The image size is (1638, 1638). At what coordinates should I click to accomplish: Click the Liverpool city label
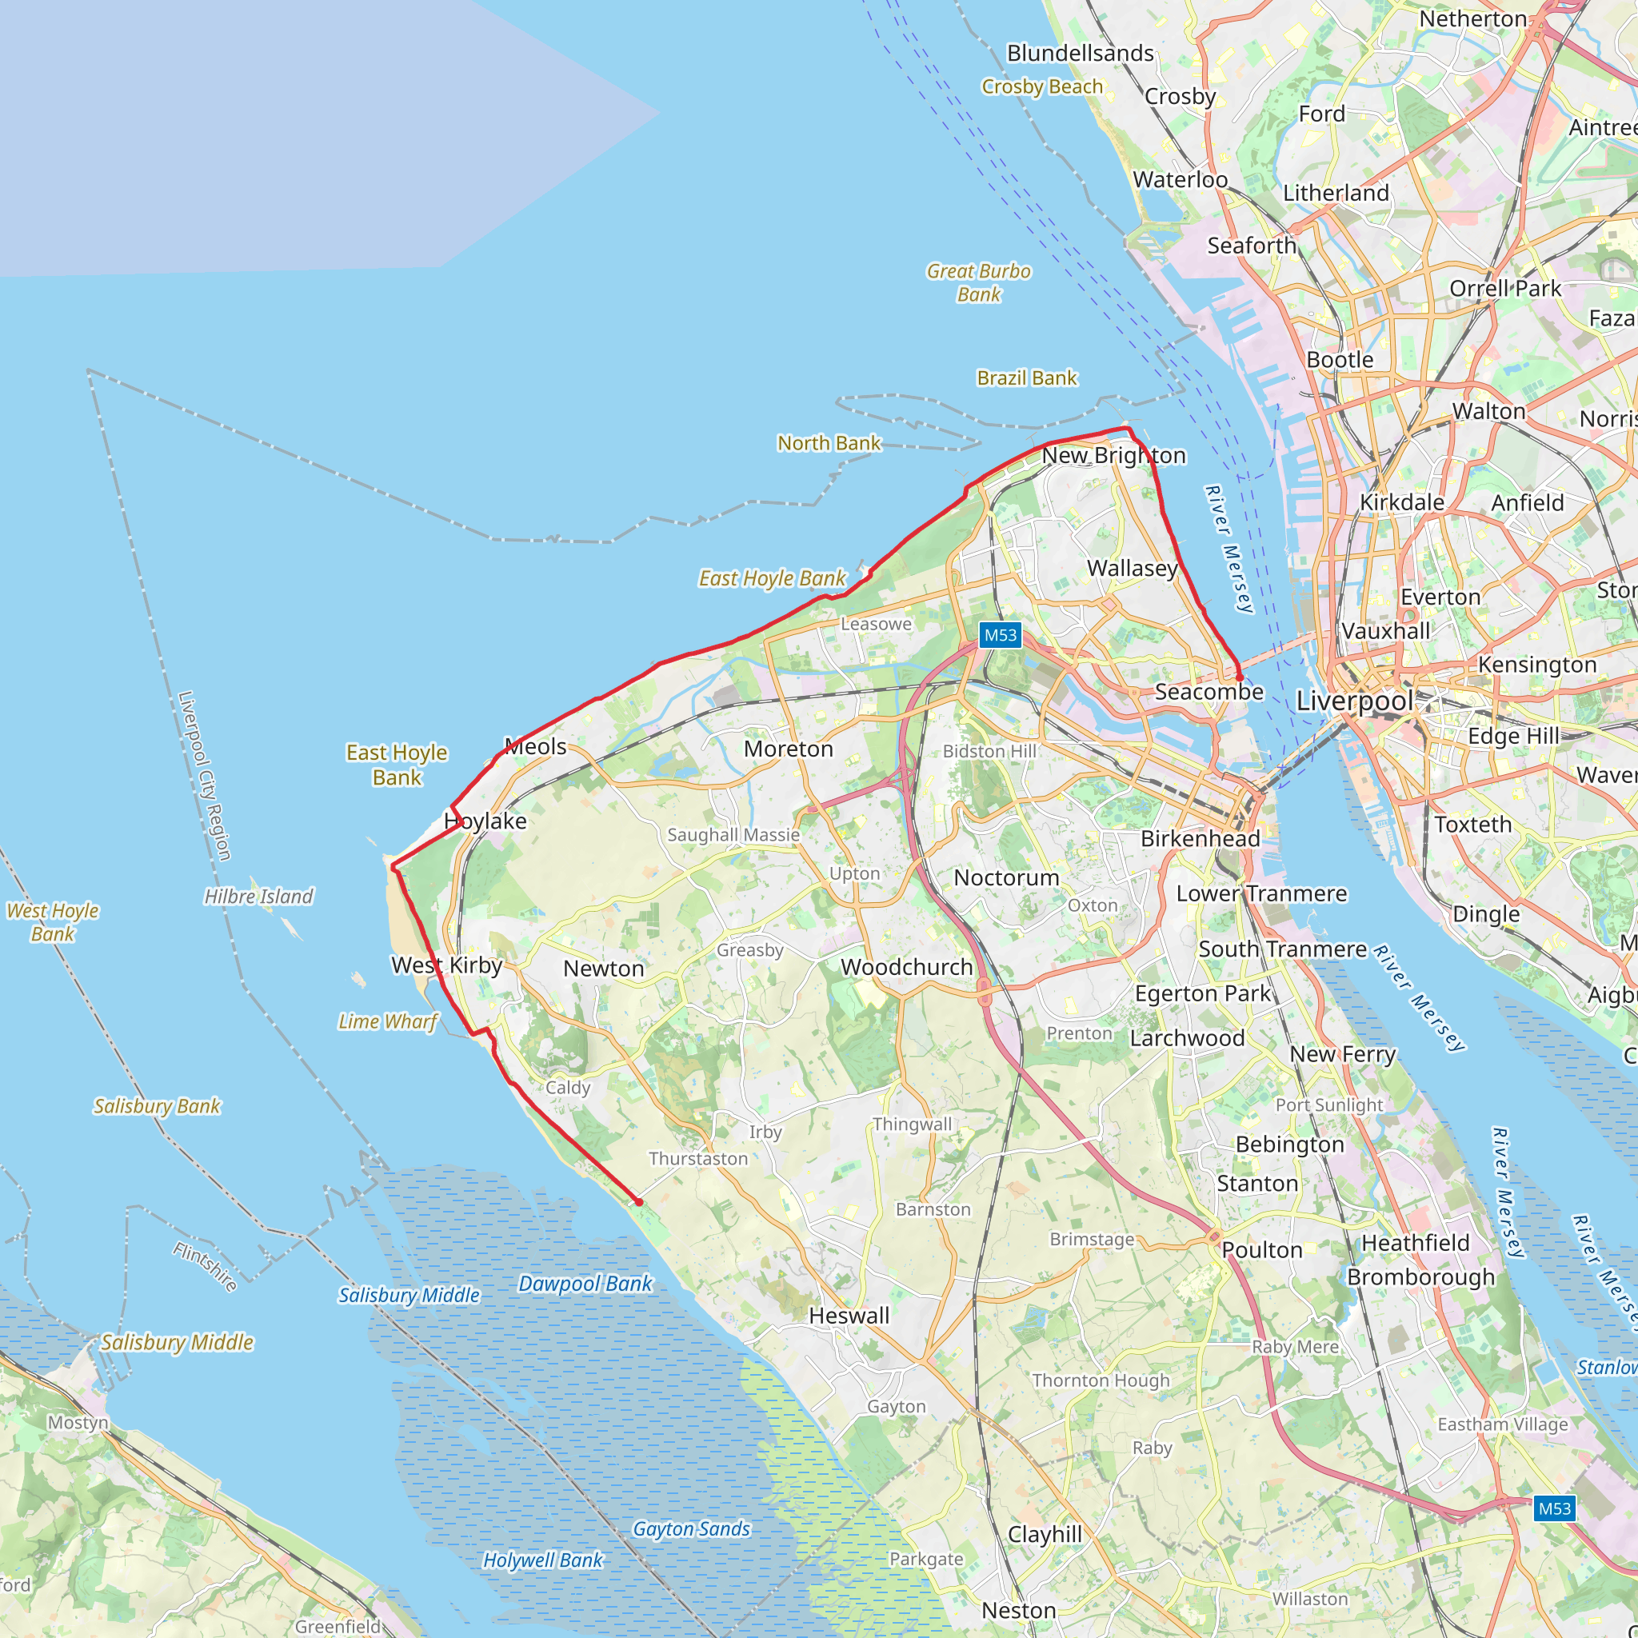click(1354, 701)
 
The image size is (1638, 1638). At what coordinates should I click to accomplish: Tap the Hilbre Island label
click(258, 896)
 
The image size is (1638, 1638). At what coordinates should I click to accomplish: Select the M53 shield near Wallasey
click(1000, 635)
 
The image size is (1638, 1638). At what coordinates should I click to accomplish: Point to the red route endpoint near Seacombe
click(1240, 678)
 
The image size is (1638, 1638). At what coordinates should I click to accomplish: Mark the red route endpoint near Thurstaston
click(639, 1202)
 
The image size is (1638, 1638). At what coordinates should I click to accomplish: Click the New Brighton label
click(1113, 455)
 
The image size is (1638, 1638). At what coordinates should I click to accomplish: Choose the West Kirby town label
click(447, 965)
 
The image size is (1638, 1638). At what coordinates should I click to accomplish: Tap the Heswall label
click(849, 1315)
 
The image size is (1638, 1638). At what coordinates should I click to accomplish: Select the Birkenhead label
click(1200, 838)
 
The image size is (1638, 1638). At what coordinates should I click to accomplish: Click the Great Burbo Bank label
click(978, 282)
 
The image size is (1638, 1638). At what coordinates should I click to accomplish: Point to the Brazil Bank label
click(1027, 378)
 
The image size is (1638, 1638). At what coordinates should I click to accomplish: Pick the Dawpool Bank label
click(585, 1284)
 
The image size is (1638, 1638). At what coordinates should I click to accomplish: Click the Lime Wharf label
click(387, 1021)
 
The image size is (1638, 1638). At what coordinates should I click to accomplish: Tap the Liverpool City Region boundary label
click(204, 776)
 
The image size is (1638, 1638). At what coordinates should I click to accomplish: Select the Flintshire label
click(206, 1266)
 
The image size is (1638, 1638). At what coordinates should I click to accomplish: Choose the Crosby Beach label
click(1042, 86)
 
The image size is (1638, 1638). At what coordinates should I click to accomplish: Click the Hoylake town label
click(485, 821)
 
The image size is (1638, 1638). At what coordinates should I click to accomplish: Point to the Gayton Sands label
click(691, 1528)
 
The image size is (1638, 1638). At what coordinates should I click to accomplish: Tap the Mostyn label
click(78, 1423)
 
